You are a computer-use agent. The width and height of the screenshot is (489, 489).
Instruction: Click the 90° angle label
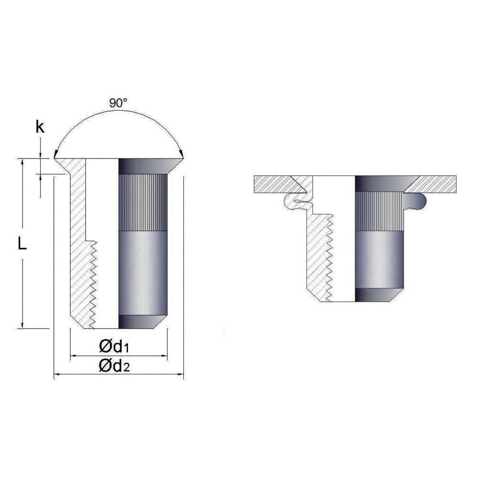point(118,102)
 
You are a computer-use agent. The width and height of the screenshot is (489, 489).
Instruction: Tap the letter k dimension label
point(41,127)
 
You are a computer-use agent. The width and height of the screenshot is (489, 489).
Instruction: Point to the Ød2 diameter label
point(115,366)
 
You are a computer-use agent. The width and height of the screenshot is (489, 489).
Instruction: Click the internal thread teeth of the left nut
point(92,282)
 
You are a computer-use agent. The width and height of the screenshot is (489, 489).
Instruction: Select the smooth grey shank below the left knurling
point(142,272)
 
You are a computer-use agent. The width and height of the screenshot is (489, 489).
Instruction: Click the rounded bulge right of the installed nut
point(419,202)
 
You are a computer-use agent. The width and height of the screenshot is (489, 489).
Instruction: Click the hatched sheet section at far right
point(437,184)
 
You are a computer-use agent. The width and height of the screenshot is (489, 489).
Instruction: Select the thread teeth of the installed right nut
point(329,258)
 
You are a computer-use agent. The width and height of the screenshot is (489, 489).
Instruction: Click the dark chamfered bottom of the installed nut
point(377,295)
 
